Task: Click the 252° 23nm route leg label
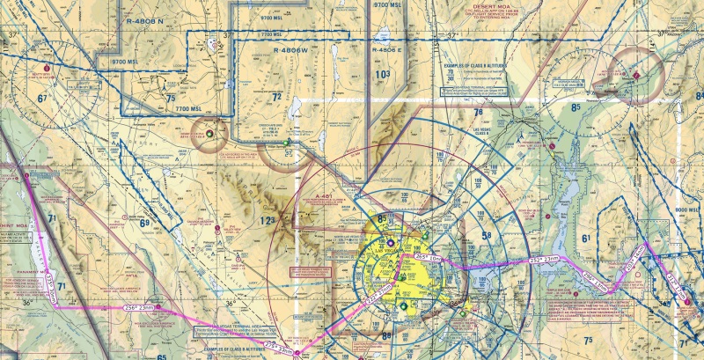tap(544, 260)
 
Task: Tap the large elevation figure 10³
tap(382, 76)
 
